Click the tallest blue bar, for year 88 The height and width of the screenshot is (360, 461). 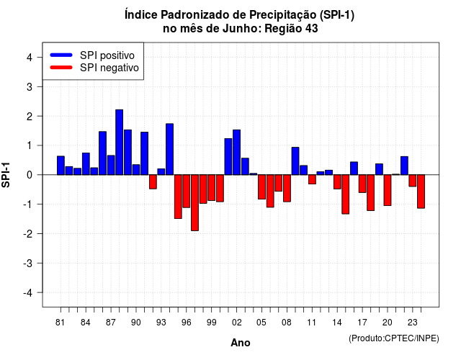(x=119, y=143)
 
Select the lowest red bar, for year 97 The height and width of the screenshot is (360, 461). (x=194, y=203)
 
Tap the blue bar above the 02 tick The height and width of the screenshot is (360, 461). (x=236, y=152)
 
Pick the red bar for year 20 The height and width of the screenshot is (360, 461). (x=388, y=190)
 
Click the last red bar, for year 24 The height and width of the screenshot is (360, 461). (x=421, y=192)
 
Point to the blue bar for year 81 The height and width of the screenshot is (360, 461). (x=61, y=166)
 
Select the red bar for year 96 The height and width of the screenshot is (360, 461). (x=186, y=192)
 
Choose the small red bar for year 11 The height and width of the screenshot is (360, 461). (x=312, y=179)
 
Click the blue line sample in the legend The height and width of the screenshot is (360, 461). (x=61, y=55)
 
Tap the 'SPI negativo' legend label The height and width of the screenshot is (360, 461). (x=109, y=68)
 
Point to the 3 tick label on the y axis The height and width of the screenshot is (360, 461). (x=30, y=86)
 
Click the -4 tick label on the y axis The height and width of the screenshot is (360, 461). (x=28, y=293)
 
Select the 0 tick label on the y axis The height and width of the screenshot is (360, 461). (x=30, y=175)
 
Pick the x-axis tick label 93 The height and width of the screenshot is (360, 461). (x=161, y=323)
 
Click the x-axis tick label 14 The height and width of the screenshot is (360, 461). (x=337, y=323)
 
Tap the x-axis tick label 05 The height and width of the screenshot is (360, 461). (x=261, y=323)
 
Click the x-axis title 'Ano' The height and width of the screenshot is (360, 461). (x=241, y=343)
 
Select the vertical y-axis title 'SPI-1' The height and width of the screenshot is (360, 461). (x=6, y=175)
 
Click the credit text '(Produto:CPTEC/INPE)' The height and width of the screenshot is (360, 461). (x=394, y=338)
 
